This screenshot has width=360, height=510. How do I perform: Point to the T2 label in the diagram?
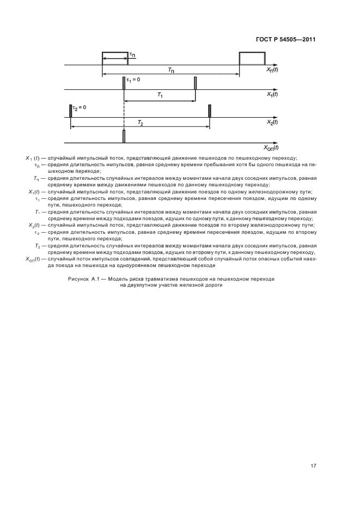[140, 123]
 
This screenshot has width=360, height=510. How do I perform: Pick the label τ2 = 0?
[80, 108]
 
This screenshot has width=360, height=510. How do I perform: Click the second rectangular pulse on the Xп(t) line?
[252, 58]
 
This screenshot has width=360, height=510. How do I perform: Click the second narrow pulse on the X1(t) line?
[195, 83]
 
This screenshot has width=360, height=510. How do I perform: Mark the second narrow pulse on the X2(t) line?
[210, 111]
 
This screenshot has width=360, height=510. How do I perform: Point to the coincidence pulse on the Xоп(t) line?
[124, 137]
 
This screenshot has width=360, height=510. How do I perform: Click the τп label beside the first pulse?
[132, 54]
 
